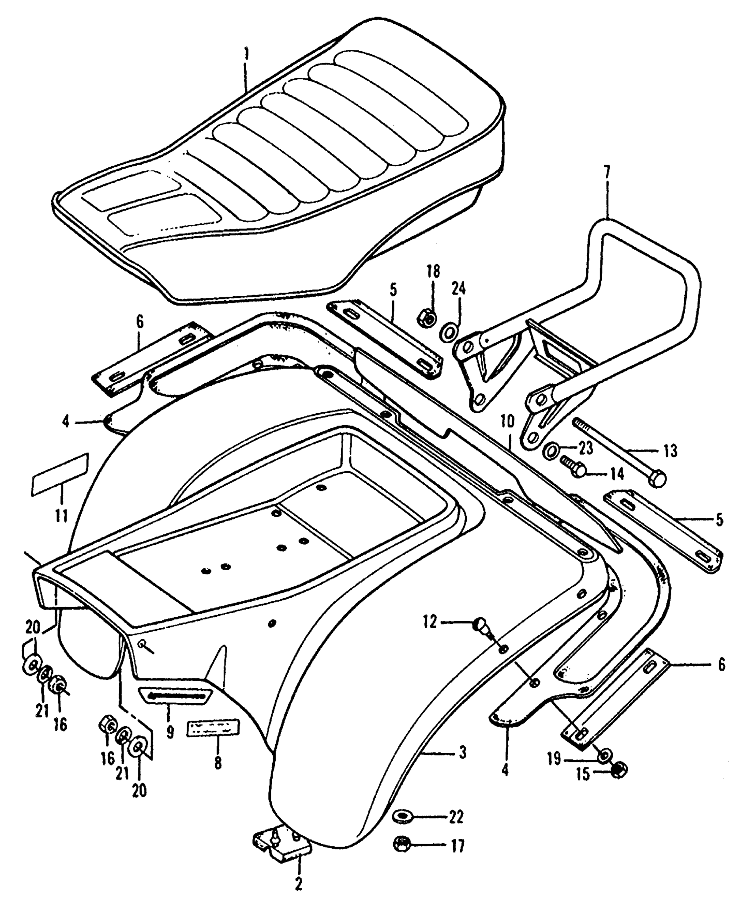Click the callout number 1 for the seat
coord(247,56)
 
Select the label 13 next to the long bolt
coord(670,451)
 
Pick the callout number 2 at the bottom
coord(299,894)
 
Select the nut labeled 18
coord(427,317)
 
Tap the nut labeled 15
coord(620,770)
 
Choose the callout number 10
coord(507,422)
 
